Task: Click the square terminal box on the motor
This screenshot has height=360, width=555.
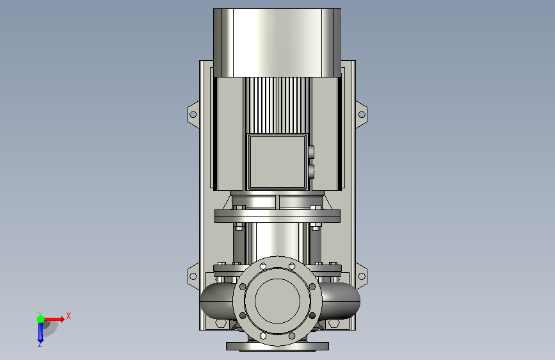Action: pos(278,161)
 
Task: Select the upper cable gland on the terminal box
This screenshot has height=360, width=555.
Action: pos(311,152)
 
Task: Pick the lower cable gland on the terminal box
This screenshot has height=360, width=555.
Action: pos(311,171)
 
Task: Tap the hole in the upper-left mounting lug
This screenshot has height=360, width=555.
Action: pos(193,115)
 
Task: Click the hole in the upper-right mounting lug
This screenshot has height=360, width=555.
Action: pos(362,115)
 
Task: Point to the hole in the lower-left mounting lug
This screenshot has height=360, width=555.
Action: pos(193,276)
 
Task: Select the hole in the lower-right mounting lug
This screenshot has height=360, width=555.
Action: pos(362,276)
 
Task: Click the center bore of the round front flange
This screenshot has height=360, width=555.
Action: pos(278,301)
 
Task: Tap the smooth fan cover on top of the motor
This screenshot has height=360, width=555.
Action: pos(277,42)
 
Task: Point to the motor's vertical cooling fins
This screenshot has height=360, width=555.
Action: pos(277,105)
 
